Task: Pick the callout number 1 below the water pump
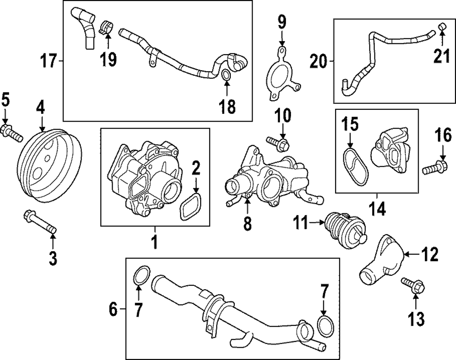[154, 241]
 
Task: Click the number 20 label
[318, 61]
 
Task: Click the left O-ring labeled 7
[141, 276]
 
